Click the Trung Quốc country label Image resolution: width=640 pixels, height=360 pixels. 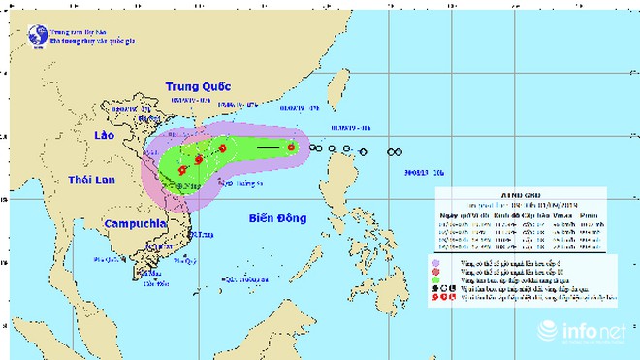[x=197, y=84]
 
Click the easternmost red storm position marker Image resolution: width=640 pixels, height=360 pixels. [x=291, y=147]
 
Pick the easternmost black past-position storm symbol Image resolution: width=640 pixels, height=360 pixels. [x=395, y=152]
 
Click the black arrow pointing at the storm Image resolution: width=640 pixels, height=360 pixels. [x=274, y=147]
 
